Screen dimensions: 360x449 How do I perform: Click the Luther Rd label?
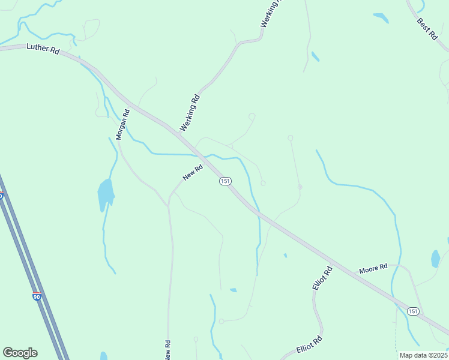(42, 50)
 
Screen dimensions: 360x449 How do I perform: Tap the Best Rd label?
(427, 29)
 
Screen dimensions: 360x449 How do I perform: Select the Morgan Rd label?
(122, 124)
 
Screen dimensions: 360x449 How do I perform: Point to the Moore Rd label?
(373, 269)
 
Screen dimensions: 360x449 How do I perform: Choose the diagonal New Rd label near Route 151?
(193, 173)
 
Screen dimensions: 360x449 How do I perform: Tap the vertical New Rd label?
(168, 350)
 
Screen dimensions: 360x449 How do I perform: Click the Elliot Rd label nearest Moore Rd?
(322, 279)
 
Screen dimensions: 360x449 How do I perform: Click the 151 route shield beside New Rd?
(225, 181)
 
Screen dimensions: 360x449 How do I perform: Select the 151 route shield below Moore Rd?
(412, 311)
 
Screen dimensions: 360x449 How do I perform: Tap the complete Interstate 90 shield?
(37, 296)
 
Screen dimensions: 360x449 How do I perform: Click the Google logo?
(20, 353)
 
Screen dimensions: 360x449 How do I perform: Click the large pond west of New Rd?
(105, 193)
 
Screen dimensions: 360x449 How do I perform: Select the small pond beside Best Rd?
(381, 17)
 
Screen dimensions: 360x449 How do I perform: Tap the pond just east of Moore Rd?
(435, 259)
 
